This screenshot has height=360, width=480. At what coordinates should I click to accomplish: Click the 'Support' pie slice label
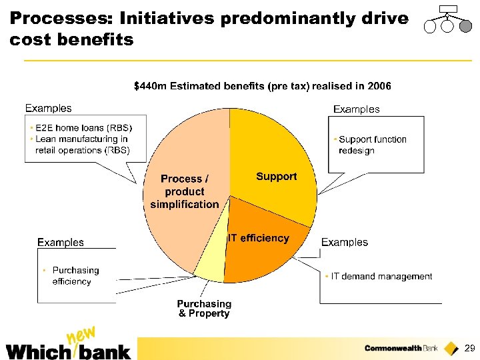click(x=276, y=177)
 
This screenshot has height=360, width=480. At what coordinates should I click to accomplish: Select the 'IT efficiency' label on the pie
click(x=259, y=238)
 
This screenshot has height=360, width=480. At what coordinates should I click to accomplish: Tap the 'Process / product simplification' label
click(x=185, y=191)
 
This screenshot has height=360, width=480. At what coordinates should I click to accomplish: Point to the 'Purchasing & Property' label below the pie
click(x=204, y=309)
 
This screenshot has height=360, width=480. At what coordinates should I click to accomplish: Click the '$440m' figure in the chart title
click(x=150, y=86)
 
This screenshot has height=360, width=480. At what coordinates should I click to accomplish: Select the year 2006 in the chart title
click(x=379, y=86)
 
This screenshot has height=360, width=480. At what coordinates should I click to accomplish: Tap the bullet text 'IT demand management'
click(x=381, y=276)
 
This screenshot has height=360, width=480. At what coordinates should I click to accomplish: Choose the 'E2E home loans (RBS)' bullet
click(x=83, y=128)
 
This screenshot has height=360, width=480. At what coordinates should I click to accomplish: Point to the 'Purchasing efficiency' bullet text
click(x=75, y=276)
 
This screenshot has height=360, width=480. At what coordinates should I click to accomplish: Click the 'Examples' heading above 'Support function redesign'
click(x=356, y=109)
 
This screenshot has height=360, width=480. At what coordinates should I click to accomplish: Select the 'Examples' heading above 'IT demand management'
click(x=344, y=242)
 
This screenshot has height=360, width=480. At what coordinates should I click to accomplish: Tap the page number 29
click(x=469, y=349)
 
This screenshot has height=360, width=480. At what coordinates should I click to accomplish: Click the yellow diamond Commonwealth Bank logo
click(x=452, y=348)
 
